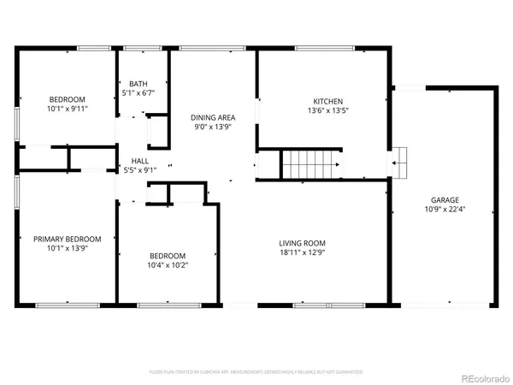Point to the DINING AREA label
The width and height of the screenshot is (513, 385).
pyautogui.click(x=212, y=117)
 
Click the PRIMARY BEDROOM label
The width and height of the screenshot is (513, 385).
pyautogui.click(x=68, y=239)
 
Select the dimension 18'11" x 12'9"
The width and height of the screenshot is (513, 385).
pyautogui.click(x=304, y=252)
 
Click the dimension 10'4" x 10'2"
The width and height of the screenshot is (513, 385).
pyautogui.click(x=168, y=264)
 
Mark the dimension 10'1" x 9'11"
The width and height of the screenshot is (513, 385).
pyautogui.click(x=68, y=109)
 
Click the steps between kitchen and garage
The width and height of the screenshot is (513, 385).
pyautogui.click(x=399, y=160)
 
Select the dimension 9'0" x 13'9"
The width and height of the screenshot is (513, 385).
pyautogui.click(x=212, y=127)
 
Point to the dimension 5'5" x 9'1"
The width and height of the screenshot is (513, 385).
pyautogui.click(x=141, y=169)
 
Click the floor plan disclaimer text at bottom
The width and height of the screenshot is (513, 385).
pyautogui.click(x=256, y=372)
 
